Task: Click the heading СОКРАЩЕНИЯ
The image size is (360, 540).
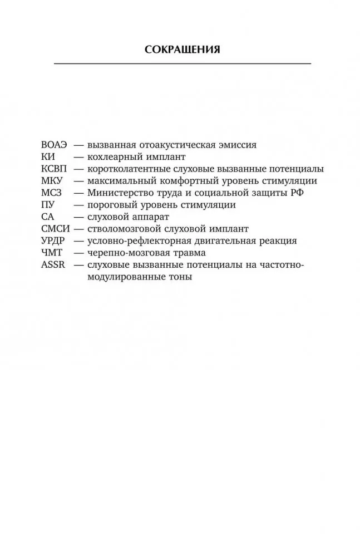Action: [182, 50]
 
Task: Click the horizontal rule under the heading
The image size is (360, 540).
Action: [182, 64]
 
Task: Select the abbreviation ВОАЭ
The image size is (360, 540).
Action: [54, 144]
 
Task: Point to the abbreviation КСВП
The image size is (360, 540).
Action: [55, 169]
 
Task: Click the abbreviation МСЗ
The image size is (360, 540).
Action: [52, 193]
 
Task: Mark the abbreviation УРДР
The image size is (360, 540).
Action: [54, 240]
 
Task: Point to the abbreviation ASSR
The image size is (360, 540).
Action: [53, 264]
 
